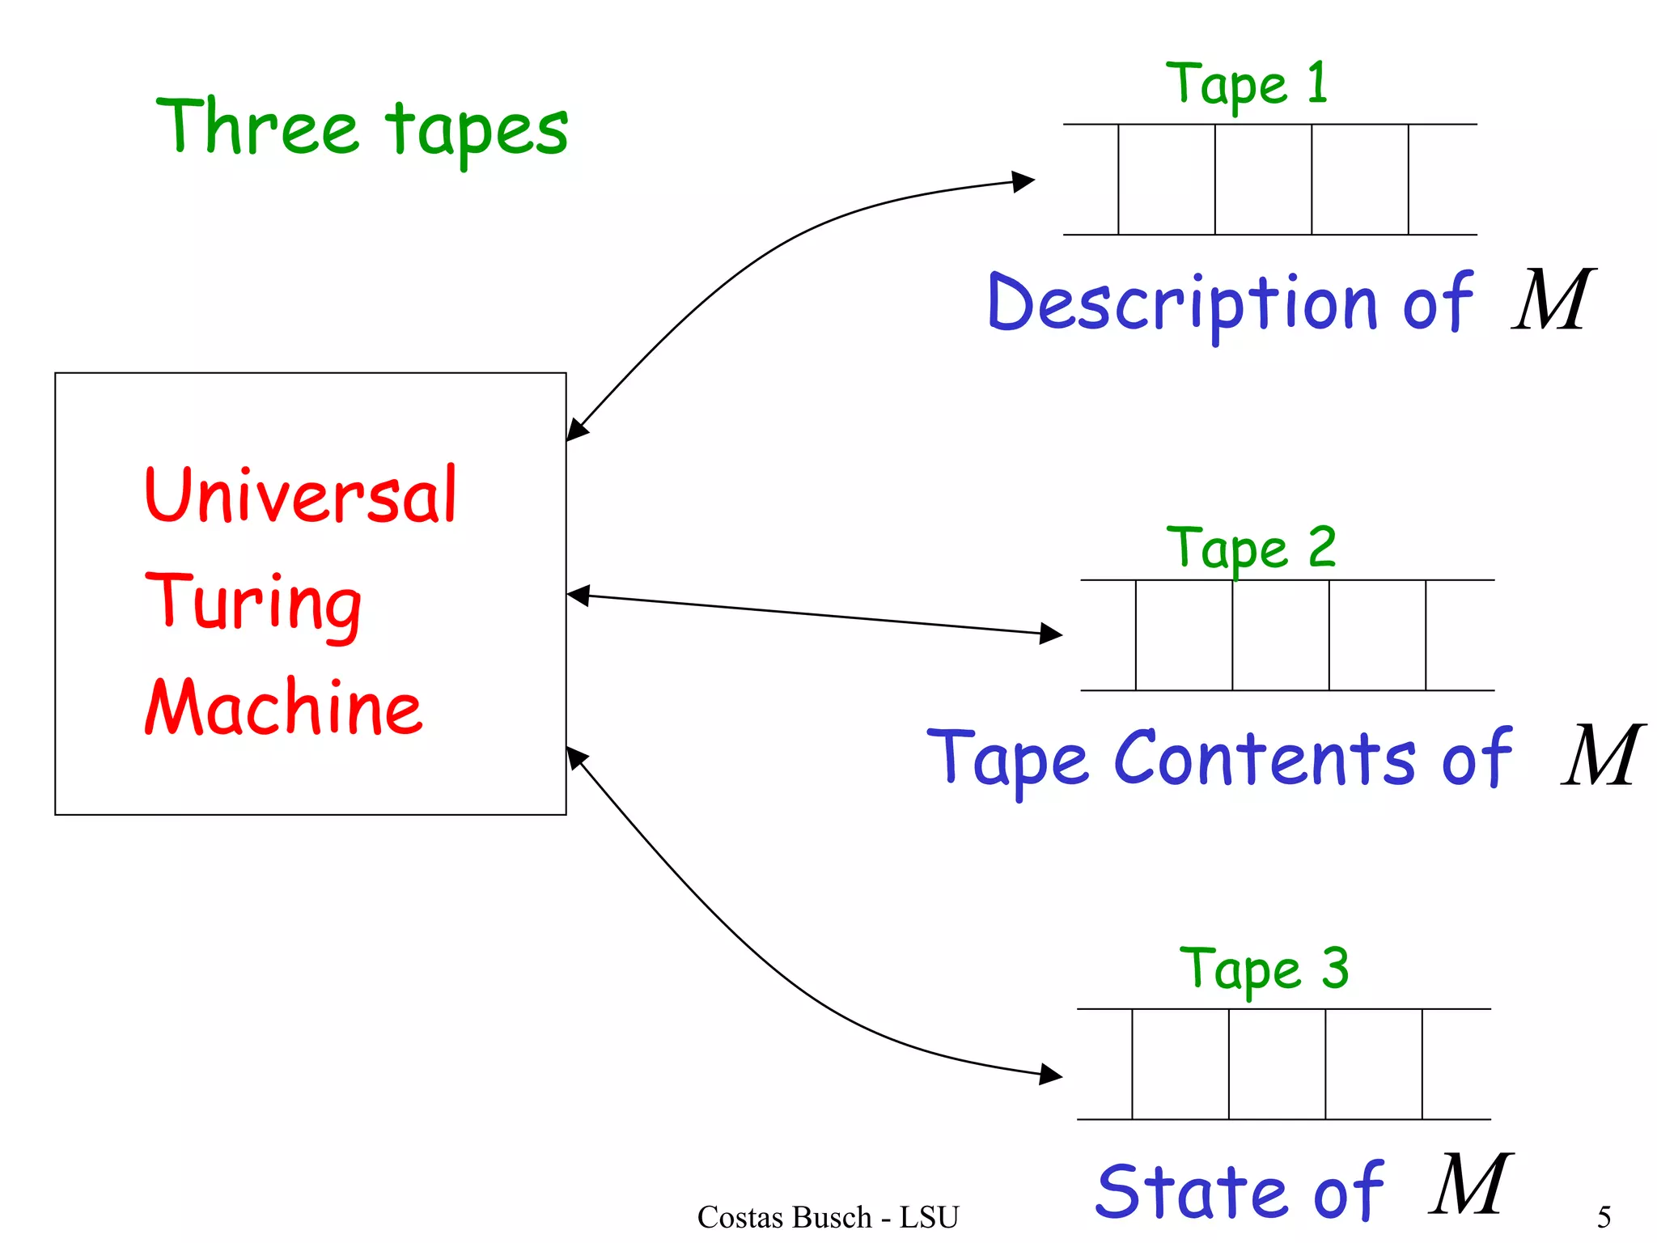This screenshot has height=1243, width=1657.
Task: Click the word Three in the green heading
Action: (x=257, y=127)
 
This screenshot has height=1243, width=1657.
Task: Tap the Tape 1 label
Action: (x=1245, y=83)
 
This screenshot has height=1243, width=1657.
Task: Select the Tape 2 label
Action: (x=1250, y=548)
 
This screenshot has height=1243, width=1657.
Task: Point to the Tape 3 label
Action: (x=1263, y=969)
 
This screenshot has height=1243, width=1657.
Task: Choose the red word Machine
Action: (x=283, y=707)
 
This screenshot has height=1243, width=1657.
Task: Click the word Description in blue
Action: (x=1181, y=303)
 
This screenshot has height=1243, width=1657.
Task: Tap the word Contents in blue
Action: (x=1265, y=758)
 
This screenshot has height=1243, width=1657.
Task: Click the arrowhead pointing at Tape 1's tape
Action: (x=1024, y=180)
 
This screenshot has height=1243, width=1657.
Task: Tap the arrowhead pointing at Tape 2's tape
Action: (x=1051, y=633)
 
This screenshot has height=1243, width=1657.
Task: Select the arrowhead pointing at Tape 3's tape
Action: (x=1051, y=1075)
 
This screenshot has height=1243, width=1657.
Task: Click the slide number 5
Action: (x=1604, y=1216)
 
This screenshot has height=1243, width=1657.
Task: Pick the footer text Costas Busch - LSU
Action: (x=828, y=1216)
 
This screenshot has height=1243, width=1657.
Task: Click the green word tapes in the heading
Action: (x=477, y=131)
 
